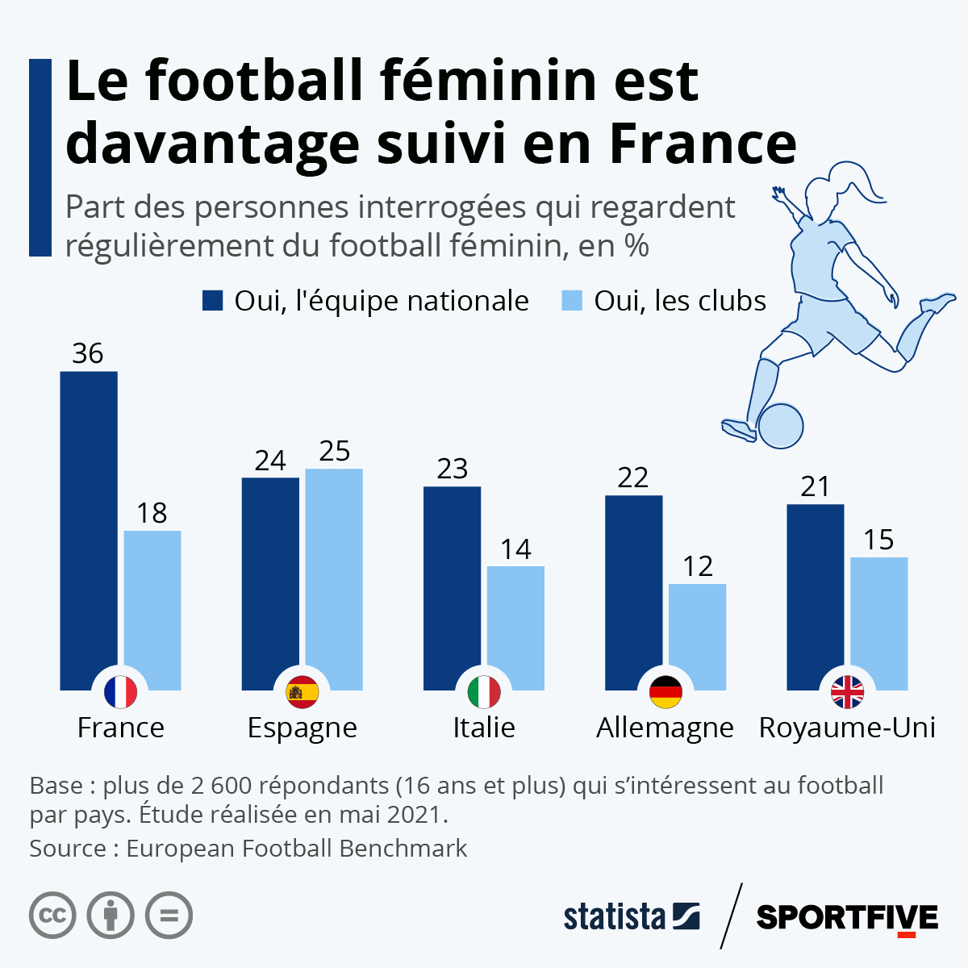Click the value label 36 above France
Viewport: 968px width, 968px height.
[x=88, y=353]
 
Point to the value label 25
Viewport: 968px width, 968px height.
[x=334, y=451]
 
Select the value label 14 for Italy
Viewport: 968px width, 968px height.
[x=515, y=549]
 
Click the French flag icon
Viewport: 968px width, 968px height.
[x=120, y=692]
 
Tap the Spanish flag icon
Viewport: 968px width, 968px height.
[x=302, y=692]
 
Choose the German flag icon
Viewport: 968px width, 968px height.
[x=665, y=692]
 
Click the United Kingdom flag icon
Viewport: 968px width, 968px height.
[x=847, y=692]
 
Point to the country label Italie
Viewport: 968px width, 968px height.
[x=483, y=728]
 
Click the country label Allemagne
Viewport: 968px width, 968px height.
[x=665, y=728]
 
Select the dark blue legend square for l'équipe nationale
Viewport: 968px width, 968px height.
[x=212, y=301]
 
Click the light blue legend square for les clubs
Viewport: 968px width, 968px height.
[x=571, y=301]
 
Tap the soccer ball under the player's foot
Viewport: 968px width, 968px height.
[x=781, y=425]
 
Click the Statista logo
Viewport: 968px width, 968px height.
[x=631, y=917]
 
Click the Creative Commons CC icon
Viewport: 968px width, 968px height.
[x=52, y=916]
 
